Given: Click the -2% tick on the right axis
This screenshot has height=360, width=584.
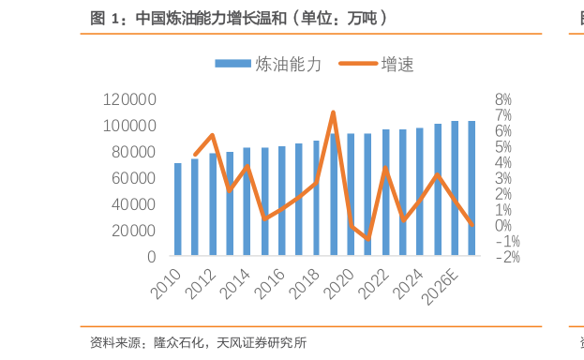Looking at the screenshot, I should click(505, 256).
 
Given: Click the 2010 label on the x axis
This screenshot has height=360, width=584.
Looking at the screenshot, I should click(167, 279).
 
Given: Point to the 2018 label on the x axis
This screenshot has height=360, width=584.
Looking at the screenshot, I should click(305, 279).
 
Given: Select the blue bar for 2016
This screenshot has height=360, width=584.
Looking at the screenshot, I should click(281, 201).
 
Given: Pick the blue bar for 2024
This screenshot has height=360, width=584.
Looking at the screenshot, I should click(419, 191).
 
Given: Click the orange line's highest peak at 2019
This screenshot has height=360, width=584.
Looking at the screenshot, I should click(333, 112).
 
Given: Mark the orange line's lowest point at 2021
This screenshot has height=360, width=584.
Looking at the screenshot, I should click(367, 239).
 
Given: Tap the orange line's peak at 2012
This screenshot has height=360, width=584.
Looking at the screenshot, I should click(213, 135).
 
